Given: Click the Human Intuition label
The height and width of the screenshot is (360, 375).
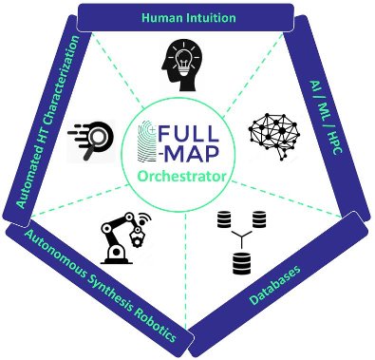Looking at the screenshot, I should click(188, 16).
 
